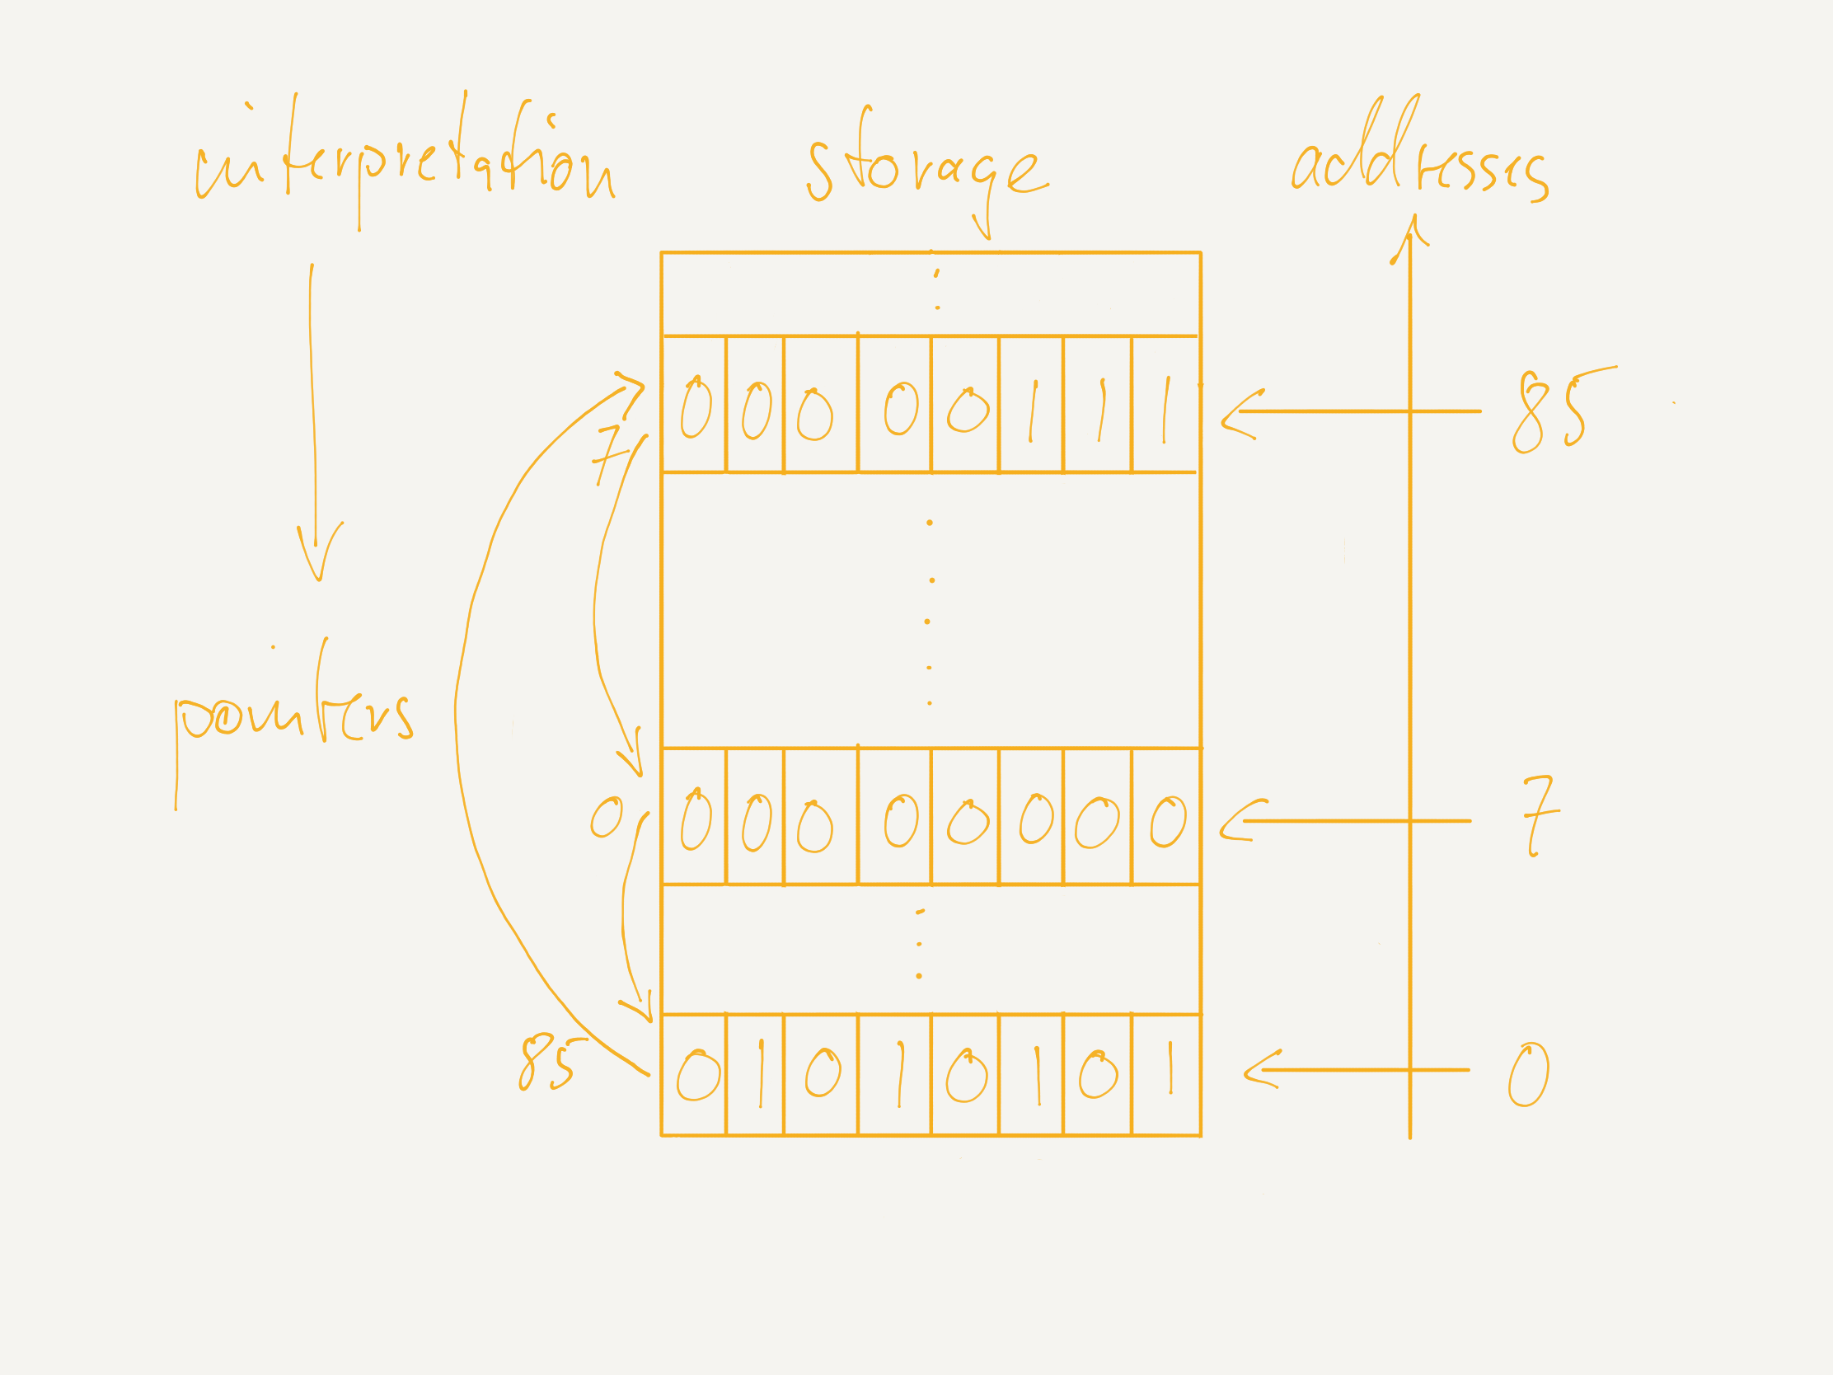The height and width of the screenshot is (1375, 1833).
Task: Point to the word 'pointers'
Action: tap(294, 717)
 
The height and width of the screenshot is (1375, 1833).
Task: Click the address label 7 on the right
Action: tap(1541, 816)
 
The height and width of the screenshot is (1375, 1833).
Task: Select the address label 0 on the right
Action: tap(1528, 1074)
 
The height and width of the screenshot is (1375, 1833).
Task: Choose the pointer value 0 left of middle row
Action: tap(607, 818)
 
